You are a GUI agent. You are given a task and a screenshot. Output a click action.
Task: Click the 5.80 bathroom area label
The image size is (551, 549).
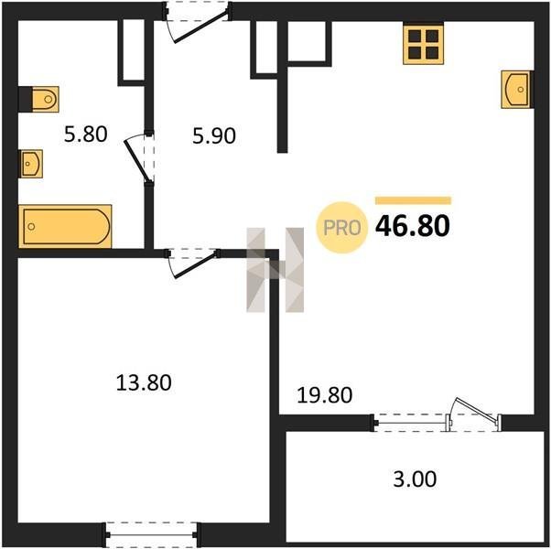[85, 135]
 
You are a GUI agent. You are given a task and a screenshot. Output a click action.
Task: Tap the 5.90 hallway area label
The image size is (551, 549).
[213, 136]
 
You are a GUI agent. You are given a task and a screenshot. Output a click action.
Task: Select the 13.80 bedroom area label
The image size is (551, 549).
[144, 382]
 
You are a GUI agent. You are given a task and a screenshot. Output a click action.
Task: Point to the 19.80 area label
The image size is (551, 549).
[324, 395]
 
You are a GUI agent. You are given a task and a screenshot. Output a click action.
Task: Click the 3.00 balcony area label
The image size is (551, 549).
[415, 479]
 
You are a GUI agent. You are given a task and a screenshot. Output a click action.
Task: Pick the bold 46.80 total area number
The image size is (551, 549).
[413, 226]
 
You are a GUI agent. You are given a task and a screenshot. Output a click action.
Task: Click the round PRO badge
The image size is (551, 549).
[342, 228]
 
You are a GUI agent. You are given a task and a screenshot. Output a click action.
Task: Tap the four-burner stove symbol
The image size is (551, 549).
[424, 44]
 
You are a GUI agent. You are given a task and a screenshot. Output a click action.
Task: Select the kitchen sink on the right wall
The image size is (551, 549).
[516, 90]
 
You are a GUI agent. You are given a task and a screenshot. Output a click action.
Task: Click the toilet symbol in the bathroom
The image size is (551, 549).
[45, 99]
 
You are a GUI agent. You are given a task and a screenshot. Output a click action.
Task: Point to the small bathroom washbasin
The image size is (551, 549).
[31, 164]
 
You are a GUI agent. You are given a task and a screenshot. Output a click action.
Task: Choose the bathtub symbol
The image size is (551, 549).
[65, 226]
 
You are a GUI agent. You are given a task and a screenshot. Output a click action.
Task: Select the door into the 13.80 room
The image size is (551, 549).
[194, 264]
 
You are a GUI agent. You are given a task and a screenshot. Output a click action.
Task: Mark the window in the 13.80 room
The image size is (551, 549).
[151, 535]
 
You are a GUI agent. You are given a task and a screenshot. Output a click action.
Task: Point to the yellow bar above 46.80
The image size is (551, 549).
[414, 200]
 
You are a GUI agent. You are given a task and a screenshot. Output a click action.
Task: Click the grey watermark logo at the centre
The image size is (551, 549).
[275, 270]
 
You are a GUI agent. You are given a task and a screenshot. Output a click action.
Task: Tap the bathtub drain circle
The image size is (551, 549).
[32, 227]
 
